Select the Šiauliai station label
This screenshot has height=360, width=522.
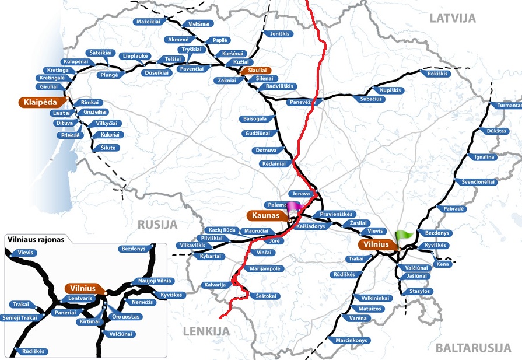[255, 70]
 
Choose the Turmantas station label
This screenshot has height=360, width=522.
[506, 106]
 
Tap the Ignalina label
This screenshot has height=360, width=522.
[484, 157]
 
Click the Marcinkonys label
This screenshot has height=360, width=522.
[351, 340]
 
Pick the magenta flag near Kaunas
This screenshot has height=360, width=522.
[293, 206]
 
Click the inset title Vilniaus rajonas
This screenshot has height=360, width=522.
[34, 239]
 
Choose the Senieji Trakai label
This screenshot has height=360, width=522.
[20, 317]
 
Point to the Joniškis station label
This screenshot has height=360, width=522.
[281, 34]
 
